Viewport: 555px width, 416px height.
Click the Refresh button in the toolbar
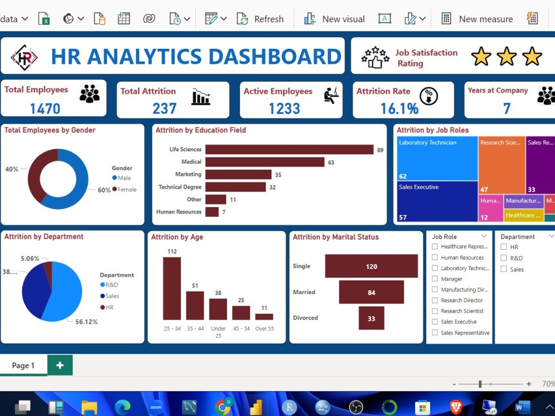click(x=260, y=19)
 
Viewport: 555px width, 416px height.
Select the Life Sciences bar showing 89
click(x=289, y=149)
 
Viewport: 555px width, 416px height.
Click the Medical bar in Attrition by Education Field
click(x=265, y=162)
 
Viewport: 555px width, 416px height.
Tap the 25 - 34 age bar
click(x=172, y=288)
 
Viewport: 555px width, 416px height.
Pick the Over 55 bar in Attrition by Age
click(x=264, y=317)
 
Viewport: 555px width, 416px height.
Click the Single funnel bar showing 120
click(x=371, y=266)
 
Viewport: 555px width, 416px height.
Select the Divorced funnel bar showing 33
click(x=371, y=318)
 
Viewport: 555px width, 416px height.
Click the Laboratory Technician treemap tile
click(x=437, y=158)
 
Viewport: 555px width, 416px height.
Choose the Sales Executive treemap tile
click(x=437, y=201)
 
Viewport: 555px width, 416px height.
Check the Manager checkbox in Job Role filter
click(x=435, y=279)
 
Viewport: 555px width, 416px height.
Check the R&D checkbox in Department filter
click(x=503, y=258)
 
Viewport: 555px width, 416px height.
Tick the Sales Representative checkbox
click(x=435, y=333)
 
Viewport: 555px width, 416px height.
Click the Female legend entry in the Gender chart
click(x=124, y=189)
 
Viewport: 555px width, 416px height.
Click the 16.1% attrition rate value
click(x=400, y=108)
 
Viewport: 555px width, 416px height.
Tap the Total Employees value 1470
click(x=45, y=108)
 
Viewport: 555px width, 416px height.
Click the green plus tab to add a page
click(x=60, y=365)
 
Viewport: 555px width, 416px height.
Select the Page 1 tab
click(x=23, y=365)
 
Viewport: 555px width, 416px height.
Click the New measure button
click(x=477, y=19)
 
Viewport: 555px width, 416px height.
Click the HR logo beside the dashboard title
click(x=24, y=57)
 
